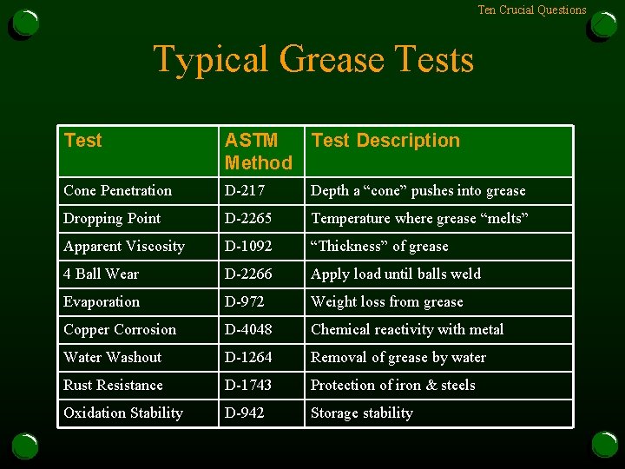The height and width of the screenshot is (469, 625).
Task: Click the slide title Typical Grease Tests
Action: point(313,59)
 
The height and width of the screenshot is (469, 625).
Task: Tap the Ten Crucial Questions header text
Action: point(531,10)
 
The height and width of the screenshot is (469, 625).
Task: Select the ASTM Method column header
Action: point(258,151)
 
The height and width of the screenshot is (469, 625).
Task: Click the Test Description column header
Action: point(385,141)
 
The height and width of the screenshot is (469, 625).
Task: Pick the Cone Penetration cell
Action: point(117,191)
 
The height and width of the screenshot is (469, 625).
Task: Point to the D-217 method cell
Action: point(245,191)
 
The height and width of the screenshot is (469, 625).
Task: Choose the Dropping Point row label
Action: point(112,219)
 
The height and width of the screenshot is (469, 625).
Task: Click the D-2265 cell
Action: point(248,219)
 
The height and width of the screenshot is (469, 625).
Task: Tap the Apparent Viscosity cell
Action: point(124,247)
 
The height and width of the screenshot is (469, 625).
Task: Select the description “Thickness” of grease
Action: point(379,247)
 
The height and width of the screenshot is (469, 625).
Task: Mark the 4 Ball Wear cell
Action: point(101,274)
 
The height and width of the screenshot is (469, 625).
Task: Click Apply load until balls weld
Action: point(395,274)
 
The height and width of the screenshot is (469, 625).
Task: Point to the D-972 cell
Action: point(245,302)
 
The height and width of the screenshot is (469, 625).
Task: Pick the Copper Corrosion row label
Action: point(120,330)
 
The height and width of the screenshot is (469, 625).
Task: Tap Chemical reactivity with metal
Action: point(406,330)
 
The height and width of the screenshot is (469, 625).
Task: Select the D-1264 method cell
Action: point(248,358)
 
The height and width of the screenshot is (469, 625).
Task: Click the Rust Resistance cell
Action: point(113,386)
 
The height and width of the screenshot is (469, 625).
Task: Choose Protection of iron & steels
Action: point(392,386)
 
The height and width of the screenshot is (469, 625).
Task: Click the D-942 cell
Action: point(245,413)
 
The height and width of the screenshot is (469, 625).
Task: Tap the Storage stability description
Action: point(361,413)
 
